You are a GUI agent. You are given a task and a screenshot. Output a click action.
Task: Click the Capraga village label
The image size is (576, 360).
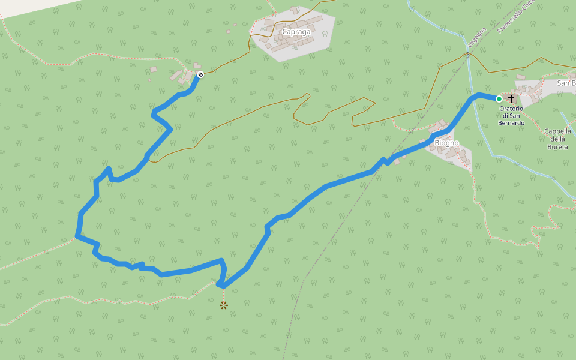pyautogui.click(x=296, y=32)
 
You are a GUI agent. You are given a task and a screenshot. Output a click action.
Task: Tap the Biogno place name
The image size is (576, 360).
pyautogui.click(x=446, y=143)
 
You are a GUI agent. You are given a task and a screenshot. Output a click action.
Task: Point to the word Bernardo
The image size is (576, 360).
pyautogui.click(x=511, y=123)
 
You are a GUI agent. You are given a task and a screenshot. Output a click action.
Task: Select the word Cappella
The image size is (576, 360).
pyautogui.click(x=558, y=131)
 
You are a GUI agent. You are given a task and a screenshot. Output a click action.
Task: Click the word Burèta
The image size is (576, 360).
pyautogui.click(x=558, y=146)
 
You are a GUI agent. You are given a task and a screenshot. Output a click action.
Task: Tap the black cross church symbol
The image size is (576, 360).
pyautogui.click(x=511, y=98)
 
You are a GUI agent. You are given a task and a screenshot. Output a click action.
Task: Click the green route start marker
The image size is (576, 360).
pyautogui.click(x=499, y=99)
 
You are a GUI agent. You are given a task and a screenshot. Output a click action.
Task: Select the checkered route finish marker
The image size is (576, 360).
pyautogui.click(x=200, y=74)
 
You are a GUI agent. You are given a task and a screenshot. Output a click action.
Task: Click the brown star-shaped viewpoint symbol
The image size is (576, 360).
pyautogui.click(x=224, y=305)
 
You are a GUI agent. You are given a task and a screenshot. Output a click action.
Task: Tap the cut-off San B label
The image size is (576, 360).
pyautogui.click(x=566, y=83)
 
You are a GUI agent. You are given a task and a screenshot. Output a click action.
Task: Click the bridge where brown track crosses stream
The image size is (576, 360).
pyautogui.click(x=467, y=55)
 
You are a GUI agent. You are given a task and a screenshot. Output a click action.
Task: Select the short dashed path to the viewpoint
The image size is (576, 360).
pyautogui.click(x=223, y=294)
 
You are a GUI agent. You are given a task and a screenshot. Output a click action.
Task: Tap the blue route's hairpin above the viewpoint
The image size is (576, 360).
pyautogui.click(x=220, y=284)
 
